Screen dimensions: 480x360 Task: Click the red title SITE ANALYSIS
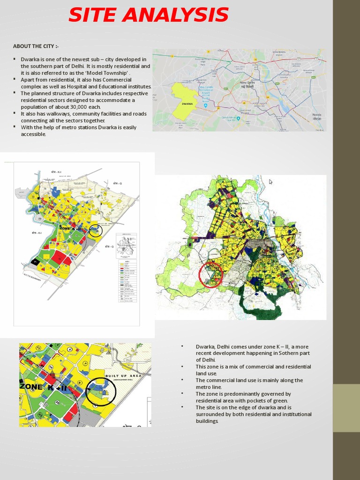click(x=148, y=15)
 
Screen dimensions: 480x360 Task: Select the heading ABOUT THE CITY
click(x=36, y=46)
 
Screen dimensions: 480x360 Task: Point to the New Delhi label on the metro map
click(x=247, y=83)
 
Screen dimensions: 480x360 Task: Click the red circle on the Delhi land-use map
click(x=211, y=275)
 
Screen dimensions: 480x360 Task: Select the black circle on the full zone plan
click(x=96, y=230)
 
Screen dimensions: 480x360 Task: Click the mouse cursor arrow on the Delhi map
click(x=270, y=182)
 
